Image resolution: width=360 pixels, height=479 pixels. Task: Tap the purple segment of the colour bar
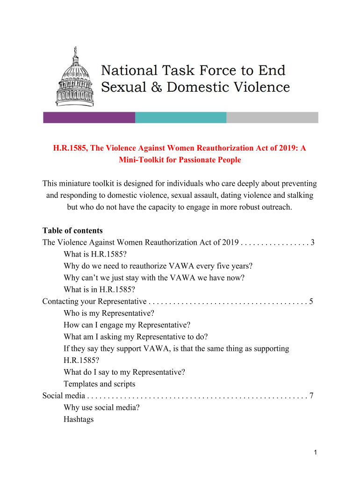point(89,117)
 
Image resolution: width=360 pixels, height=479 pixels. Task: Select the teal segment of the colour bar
point(180,117)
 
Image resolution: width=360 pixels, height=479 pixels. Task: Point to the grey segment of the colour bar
point(272,117)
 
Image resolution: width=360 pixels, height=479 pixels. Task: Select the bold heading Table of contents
point(72,231)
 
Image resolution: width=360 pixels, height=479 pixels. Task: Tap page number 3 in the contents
point(312,242)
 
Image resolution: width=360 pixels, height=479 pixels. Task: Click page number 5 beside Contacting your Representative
point(311,301)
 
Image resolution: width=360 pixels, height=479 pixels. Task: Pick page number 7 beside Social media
point(311,396)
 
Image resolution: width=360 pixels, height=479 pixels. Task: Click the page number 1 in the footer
point(316,452)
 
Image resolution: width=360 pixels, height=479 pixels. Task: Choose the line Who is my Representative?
point(109,313)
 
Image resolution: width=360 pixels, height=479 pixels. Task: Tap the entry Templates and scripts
point(99,384)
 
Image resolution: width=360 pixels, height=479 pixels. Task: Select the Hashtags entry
point(79,419)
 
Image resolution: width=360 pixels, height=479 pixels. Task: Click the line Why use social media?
point(101,407)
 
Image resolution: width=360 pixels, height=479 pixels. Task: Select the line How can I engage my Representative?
point(127,325)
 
